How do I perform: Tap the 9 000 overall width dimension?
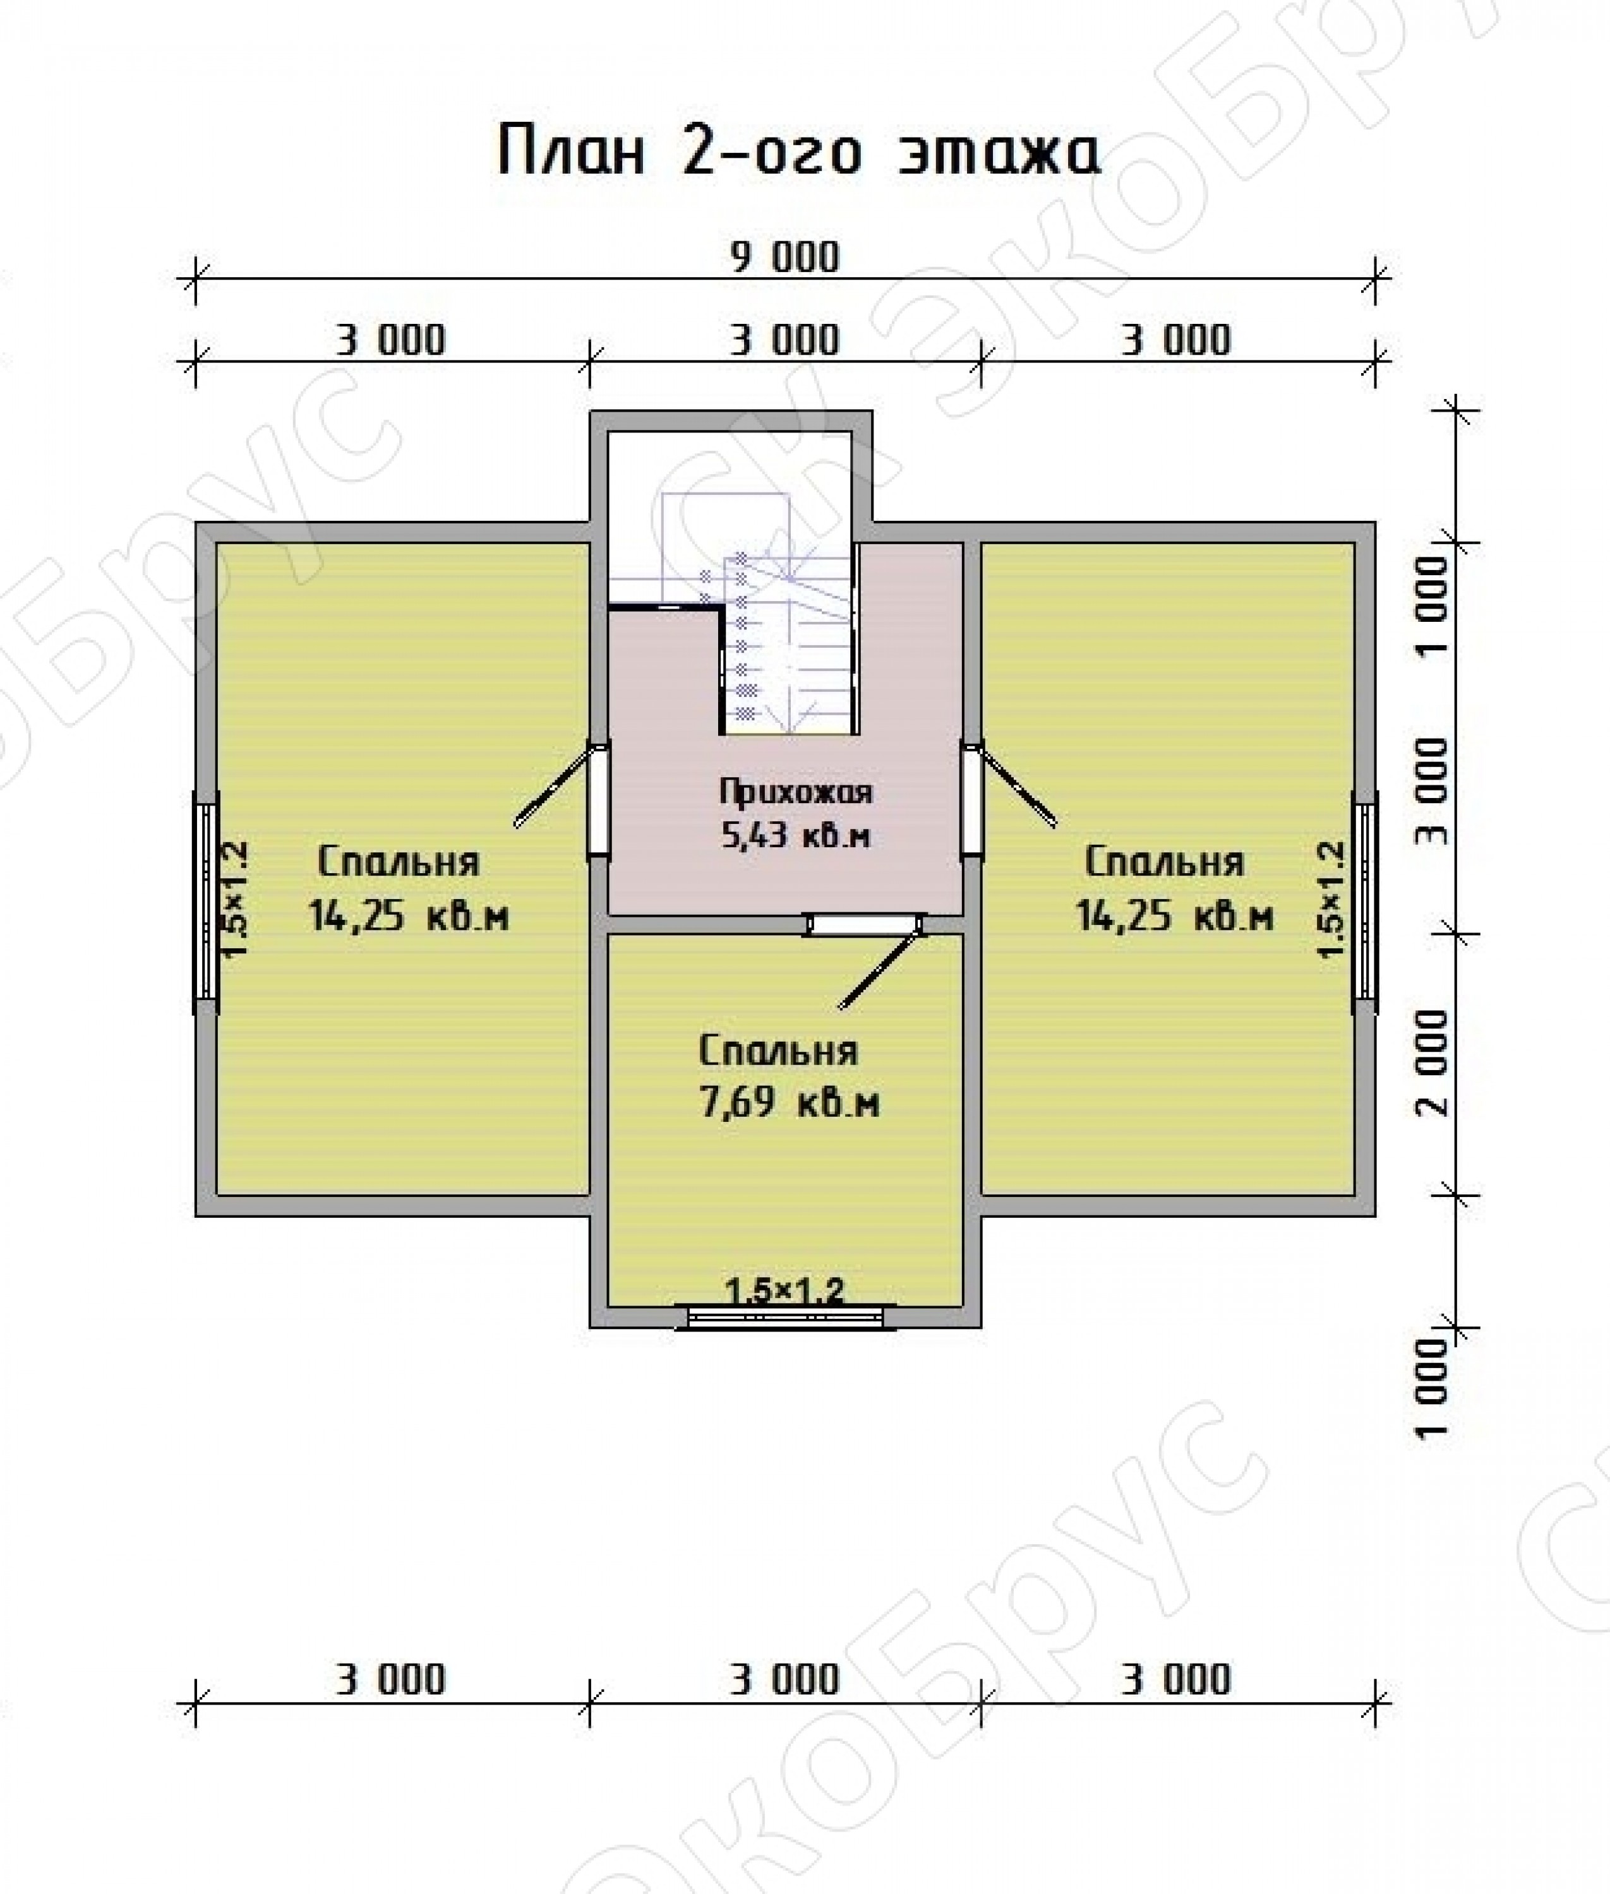[x=784, y=258]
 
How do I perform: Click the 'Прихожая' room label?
[x=795, y=792]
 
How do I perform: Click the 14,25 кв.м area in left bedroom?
[x=408, y=915]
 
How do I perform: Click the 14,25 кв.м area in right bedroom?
[x=1175, y=915]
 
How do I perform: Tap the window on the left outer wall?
[x=207, y=902]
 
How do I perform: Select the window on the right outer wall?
[x=1364, y=902]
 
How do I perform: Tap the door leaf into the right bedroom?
[x=1015, y=787]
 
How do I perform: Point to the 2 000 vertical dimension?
[x=1434, y=1063]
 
